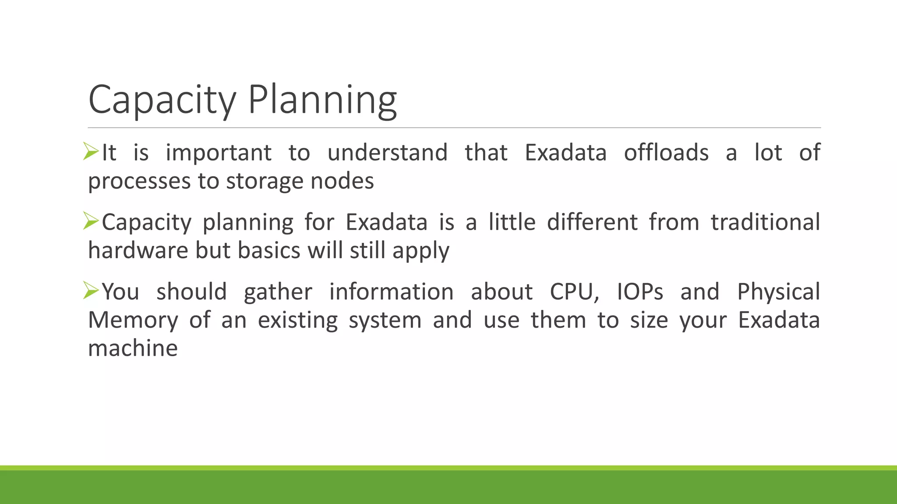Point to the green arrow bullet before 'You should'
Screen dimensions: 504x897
tap(91, 290)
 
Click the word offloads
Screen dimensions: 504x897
tap(666, 153)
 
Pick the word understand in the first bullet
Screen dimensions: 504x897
tap(387, 153)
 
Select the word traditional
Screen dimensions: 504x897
tap(765, 222)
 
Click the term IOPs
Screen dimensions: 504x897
tap(639, 292)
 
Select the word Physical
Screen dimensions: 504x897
tap(778, 292)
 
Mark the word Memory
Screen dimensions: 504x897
tap(133, 320)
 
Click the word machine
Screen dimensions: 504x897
tap(133, 348)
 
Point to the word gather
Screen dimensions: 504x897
tap(278, 292)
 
